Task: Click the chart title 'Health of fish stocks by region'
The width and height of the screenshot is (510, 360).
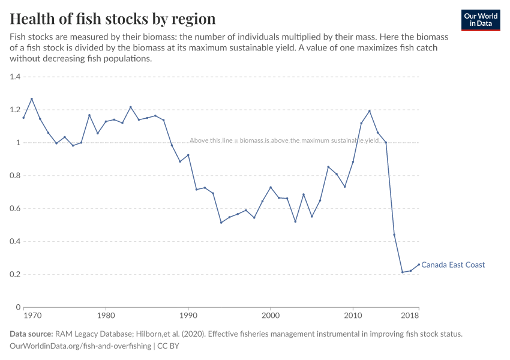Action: (112, 19)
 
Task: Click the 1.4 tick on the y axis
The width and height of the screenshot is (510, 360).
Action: (15, 77)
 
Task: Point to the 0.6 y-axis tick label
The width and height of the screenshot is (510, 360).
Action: (15, 209)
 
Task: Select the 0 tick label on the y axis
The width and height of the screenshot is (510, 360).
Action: (18, 307)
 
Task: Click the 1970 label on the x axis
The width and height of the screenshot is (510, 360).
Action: (32, 315)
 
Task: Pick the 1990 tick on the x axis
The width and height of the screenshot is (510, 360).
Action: (188, 315)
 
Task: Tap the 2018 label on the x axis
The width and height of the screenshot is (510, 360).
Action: (410, 315)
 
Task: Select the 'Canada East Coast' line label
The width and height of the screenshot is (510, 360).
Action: (453, 265)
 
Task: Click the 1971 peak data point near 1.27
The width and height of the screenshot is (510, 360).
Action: (32, 99)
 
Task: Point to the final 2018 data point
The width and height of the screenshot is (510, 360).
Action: (419, 265)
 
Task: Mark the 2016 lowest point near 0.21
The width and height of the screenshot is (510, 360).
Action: (403, 272)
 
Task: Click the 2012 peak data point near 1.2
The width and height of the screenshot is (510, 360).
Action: (370, 111)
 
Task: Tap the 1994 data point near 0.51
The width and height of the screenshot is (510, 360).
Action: (221, 223)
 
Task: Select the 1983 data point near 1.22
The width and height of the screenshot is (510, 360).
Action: (131, 107)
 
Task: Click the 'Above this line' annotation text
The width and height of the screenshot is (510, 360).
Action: (284, 140)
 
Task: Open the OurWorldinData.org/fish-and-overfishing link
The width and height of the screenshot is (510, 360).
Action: (80, 346)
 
